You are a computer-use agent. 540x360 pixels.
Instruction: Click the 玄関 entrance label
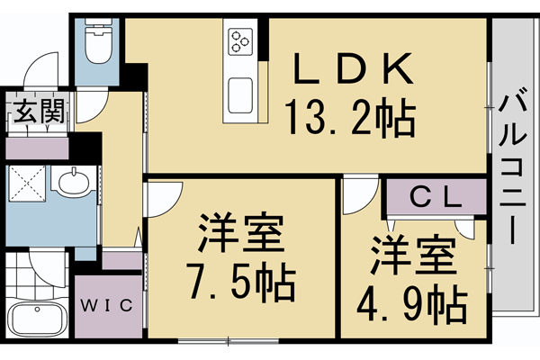coord(38,114)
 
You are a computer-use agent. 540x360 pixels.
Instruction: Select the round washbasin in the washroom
coord(71,184)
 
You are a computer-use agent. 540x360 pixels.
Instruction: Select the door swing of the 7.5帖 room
coord(162,198)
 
